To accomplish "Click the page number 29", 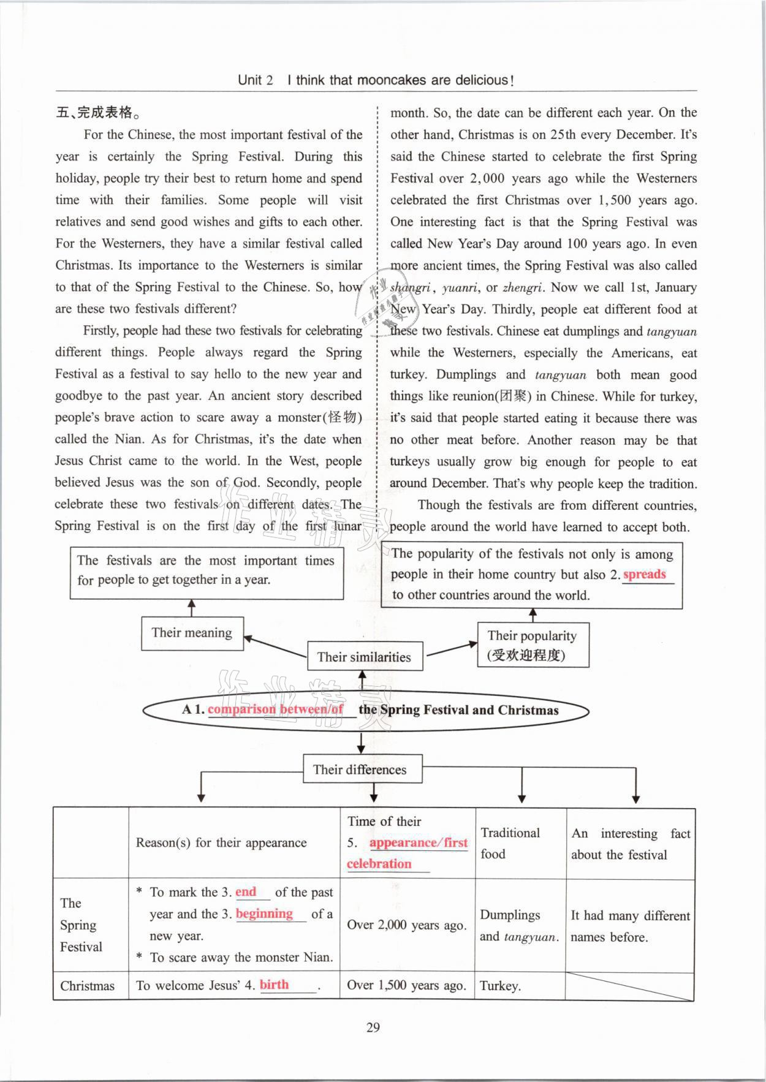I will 373,1027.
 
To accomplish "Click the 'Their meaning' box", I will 192,633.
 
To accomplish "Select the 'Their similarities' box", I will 364,657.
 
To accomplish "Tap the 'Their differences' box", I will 362,770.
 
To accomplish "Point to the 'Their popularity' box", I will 533,645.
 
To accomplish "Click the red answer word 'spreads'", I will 644,574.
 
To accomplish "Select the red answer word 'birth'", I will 274,985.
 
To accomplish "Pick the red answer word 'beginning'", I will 264,914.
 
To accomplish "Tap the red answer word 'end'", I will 246,892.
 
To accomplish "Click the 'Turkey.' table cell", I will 500,986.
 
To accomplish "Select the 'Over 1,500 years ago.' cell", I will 406,985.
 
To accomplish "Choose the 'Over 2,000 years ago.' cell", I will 406,925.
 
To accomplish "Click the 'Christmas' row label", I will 88,986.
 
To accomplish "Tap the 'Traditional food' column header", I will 510,843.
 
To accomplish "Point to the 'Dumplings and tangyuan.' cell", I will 519,926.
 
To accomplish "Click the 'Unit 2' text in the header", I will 255,80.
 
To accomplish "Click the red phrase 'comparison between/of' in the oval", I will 275,709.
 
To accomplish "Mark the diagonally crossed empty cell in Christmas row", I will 629,986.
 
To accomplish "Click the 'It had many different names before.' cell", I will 630,926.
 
